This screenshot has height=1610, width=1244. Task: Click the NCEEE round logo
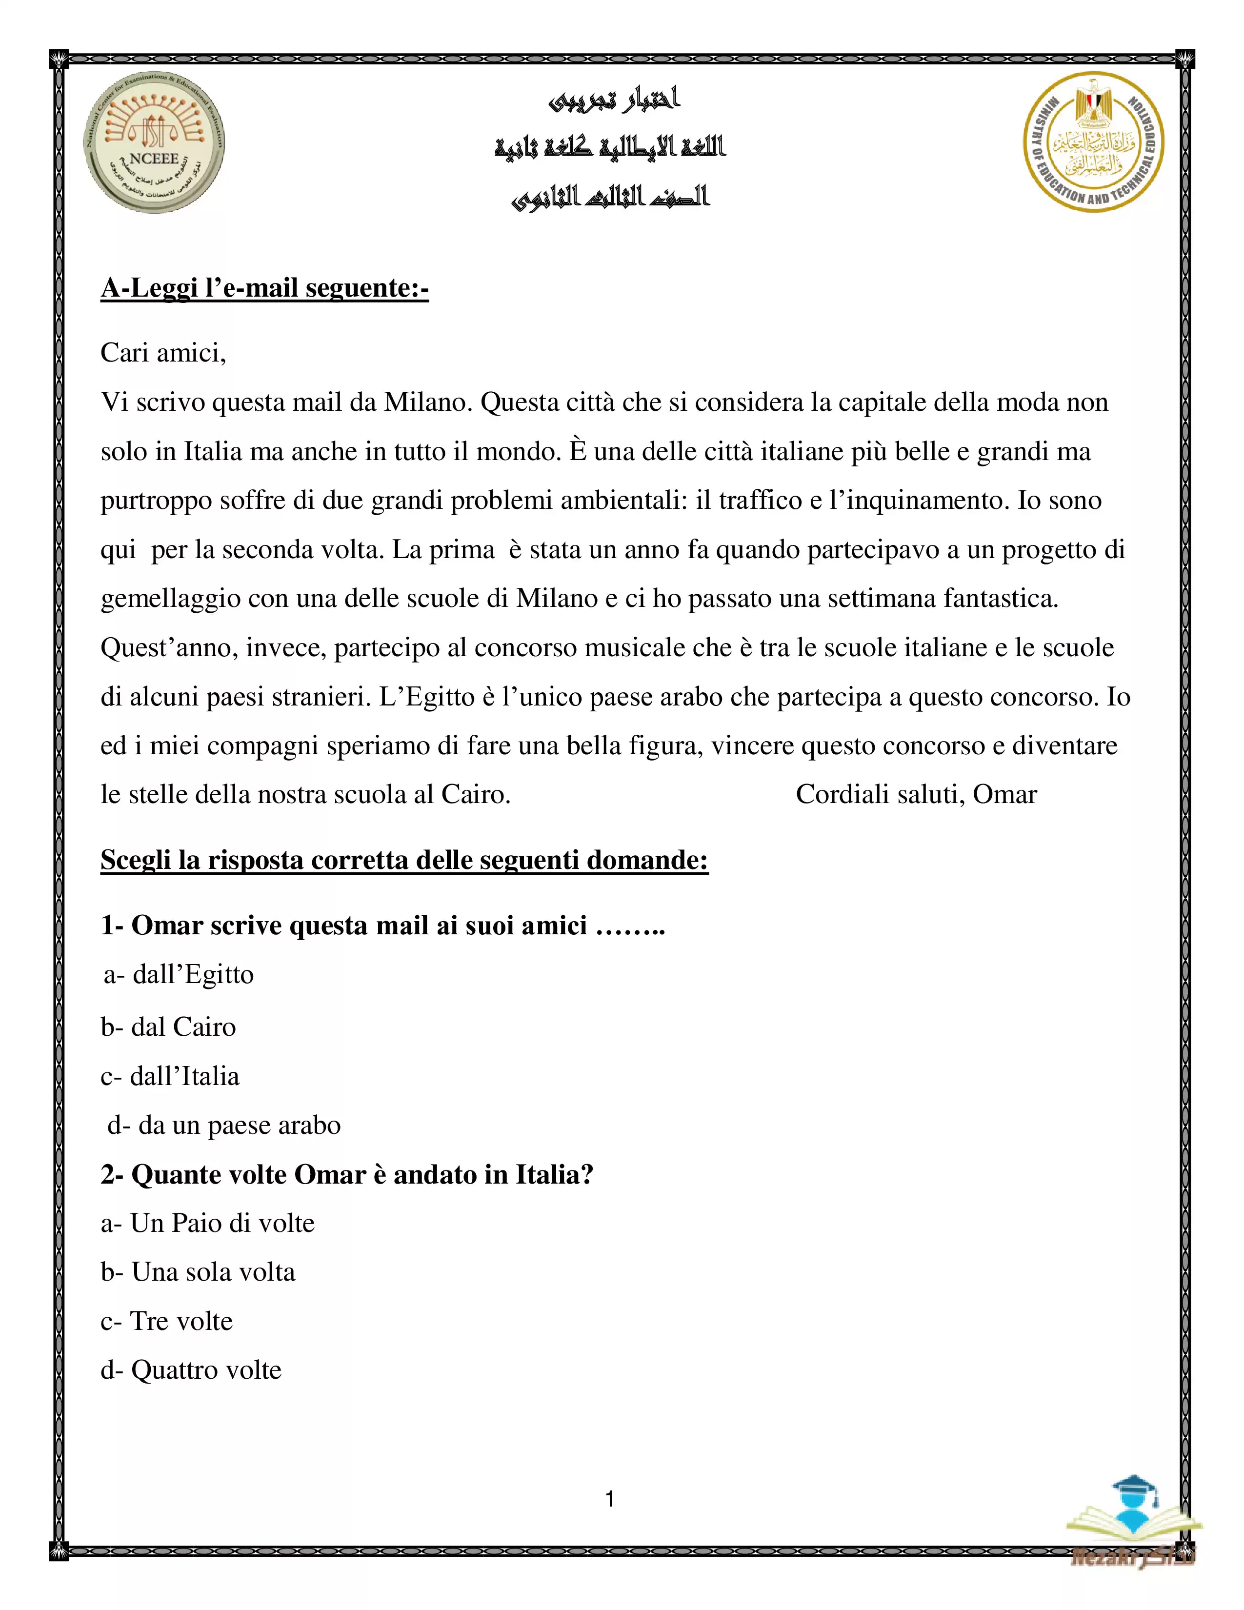pyautogui.click(x=154, y=143)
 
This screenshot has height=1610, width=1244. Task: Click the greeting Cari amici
pyautogui.click(x=163, y=353)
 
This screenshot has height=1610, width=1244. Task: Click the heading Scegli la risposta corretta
pyautogui.click(x=404, y=860)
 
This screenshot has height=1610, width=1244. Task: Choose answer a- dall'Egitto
pyautogui.click(x=179, y=975)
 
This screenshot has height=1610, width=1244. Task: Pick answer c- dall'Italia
pyautogui.click(x=170, y=1076)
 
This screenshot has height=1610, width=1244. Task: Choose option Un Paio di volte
pyautogui.click(x=208, y=1224)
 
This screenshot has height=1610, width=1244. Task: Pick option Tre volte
pyautogui.click(x=166, y=1321)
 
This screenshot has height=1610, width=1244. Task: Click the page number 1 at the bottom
pyautogui.click(x=609, y=1499)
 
